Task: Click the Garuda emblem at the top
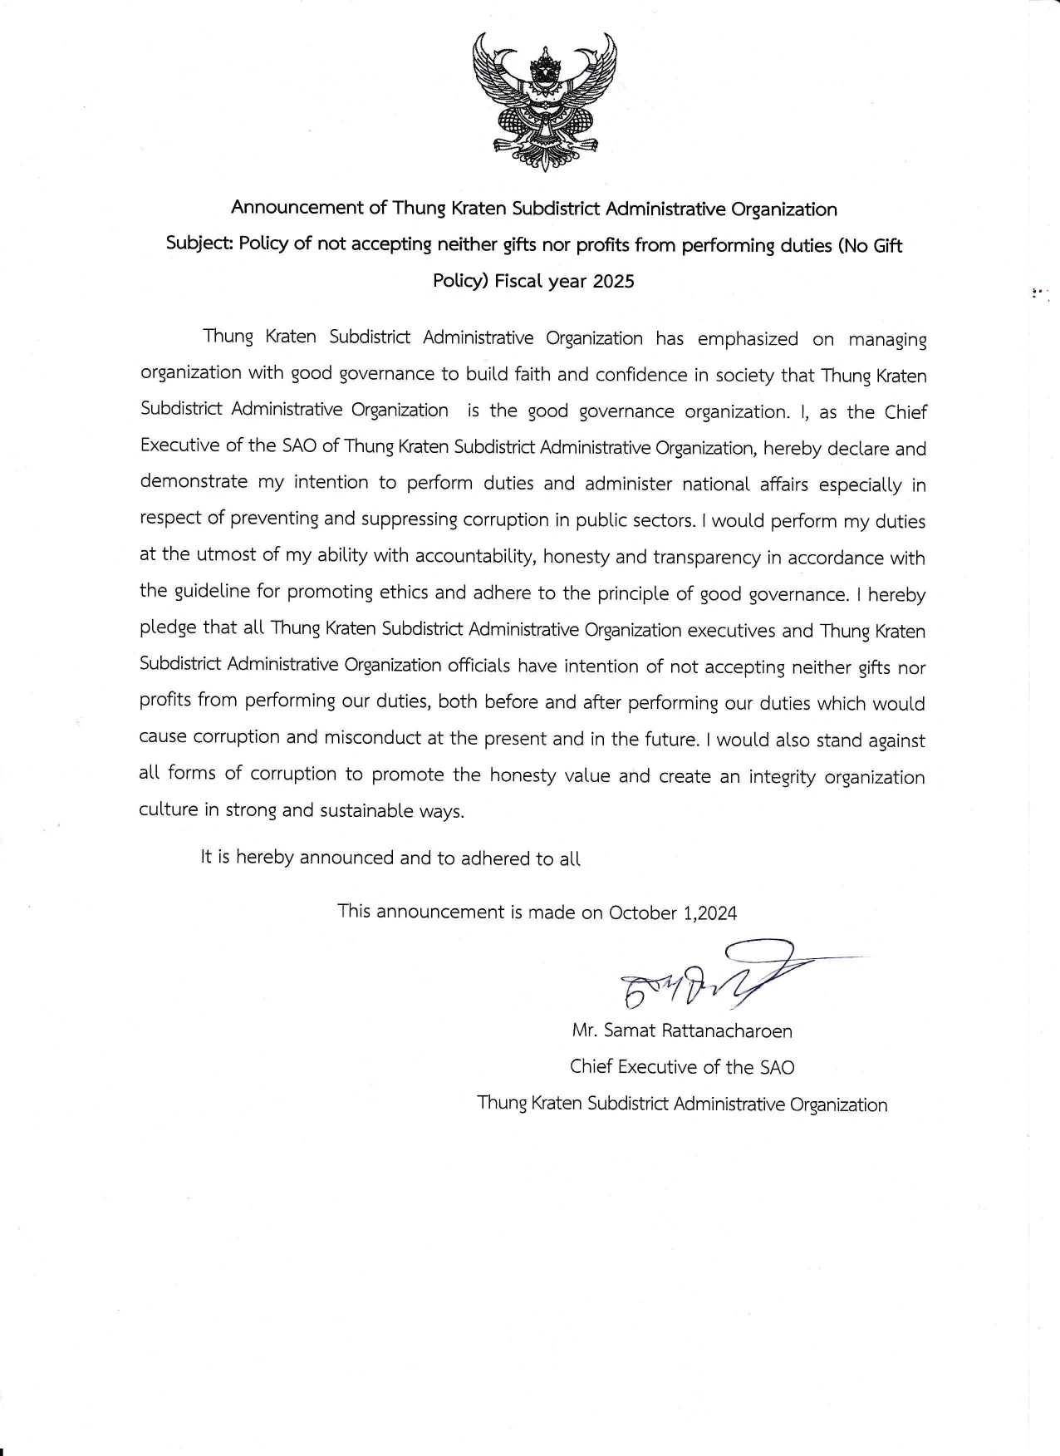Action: tap(544, 101)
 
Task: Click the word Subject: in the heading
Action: tap(199, 244)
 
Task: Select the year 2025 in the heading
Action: tap(614, 281)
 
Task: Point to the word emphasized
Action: tap(748, 339)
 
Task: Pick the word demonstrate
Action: tap(194, 482)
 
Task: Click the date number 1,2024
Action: tap(710, 913)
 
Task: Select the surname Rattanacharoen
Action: tap(727, 1031)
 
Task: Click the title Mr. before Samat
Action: tap(584, 1031)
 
